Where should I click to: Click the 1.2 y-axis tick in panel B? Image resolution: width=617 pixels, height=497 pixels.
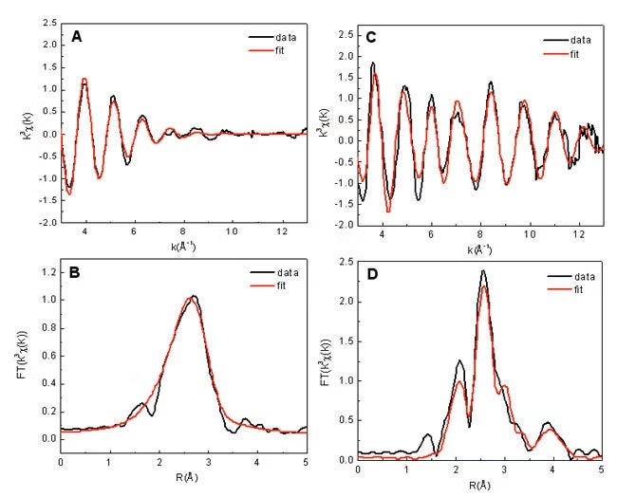pyautogui.click(x=47, y=271)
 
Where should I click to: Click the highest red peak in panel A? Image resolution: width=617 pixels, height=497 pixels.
pyautogui.click(x=84, y=80)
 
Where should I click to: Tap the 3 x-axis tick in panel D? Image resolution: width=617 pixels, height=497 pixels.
pyautogui.click(x=504, y=469)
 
